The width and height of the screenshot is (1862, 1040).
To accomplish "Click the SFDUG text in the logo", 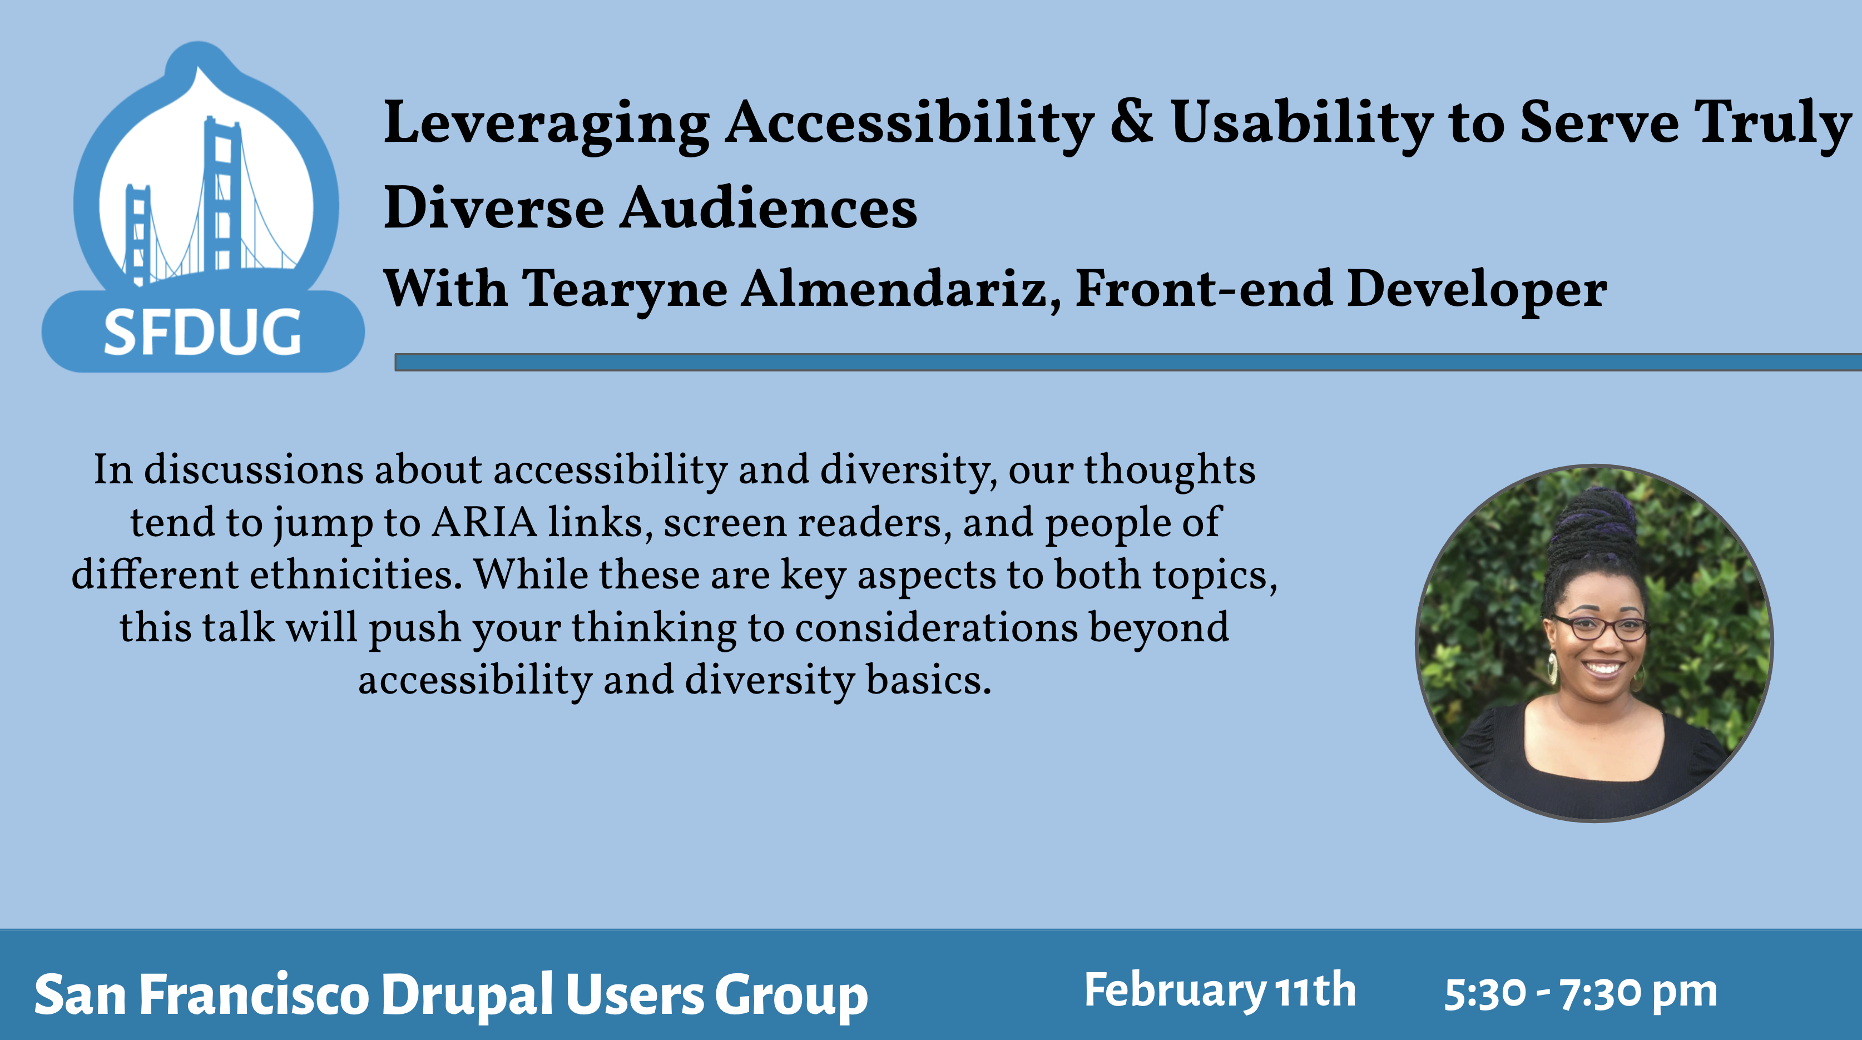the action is click(x=202, y=333).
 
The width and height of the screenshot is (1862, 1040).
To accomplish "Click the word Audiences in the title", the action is click(x=769, y=207).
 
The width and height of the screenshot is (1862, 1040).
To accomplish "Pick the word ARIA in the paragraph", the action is click(x=484, y=522).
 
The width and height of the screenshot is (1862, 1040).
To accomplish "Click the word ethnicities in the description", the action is click(x=355, y=575).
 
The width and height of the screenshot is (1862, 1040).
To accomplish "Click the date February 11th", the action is click(x=1220, y=991).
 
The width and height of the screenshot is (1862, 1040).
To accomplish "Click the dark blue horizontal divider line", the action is click(x=1128, y=362).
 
